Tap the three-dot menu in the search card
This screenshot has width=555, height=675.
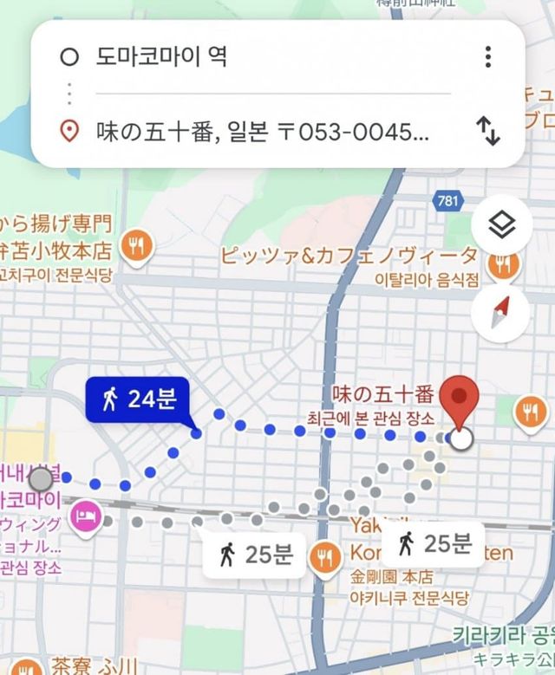click(x=488, y=57)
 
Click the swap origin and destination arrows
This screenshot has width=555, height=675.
click(x=488, y=131)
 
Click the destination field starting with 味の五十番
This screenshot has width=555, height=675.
click(x=260, y=132)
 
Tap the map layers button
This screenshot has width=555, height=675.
click(x=500, y=227)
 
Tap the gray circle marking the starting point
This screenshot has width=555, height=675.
click(x=40, y=478)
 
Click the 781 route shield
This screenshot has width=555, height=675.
click(x=446, y=201)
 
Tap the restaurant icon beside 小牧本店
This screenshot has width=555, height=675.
click(x=135, y=246)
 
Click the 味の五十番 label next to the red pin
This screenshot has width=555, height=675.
click(x=382, y=394)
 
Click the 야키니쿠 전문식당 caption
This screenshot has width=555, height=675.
click(x=409, y=598)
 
